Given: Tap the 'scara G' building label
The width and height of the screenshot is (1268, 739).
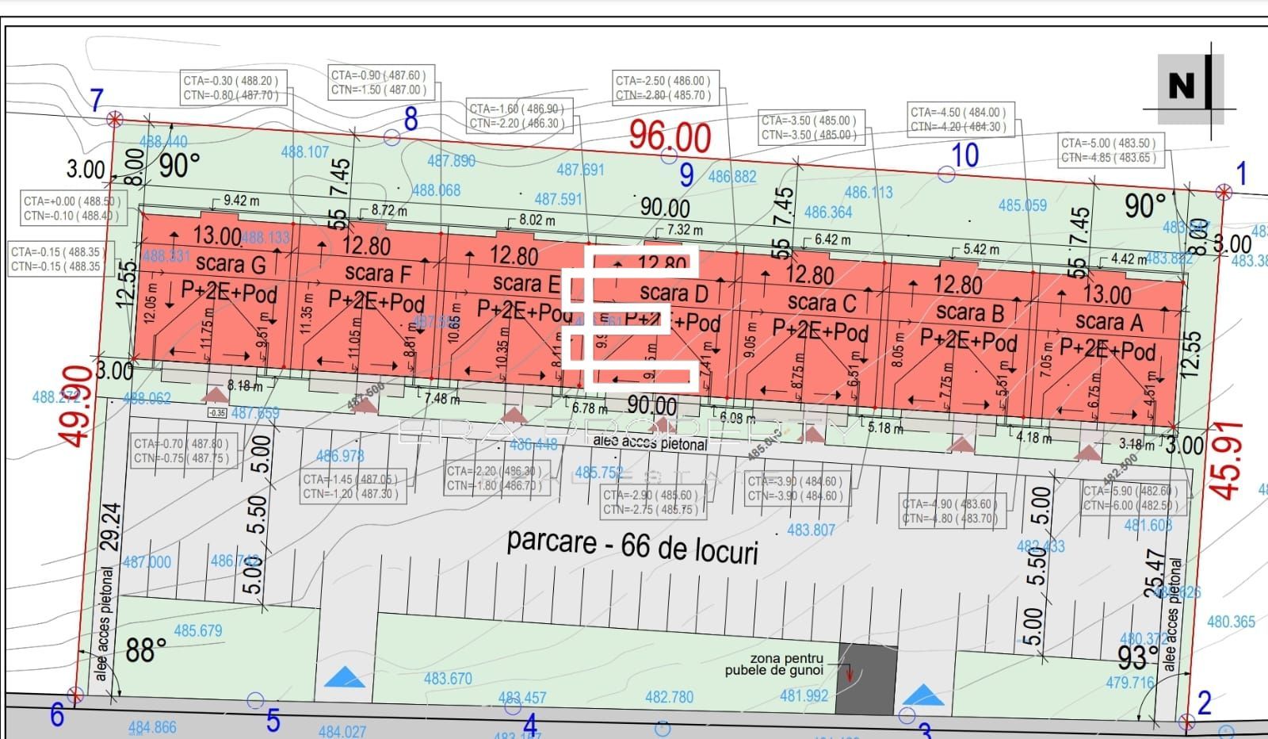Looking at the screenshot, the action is click(x=230, y=263).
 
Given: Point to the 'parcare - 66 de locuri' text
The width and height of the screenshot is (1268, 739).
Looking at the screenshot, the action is click(x=632, y=546).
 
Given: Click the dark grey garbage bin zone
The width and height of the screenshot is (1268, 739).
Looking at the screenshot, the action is click(x=867, y=678).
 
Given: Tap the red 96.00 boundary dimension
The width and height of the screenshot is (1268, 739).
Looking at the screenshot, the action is click(x=670, y=136).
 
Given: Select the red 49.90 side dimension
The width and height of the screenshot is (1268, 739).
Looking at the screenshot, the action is click(x=74, y=406).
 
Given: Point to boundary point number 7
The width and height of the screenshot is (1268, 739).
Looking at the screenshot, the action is click(x=97, y=100).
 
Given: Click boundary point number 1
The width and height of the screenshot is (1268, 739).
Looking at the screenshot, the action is click(x=1241, y=173).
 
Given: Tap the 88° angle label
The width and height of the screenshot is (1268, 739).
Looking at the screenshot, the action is click(x=146, y=651).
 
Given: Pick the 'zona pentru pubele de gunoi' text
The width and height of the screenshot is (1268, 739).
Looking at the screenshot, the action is click(x=775, y=664).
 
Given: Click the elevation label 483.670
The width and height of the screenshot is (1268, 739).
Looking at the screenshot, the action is click(x=448, y=678).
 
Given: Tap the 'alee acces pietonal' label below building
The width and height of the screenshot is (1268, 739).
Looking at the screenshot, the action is click(x=650, y=444).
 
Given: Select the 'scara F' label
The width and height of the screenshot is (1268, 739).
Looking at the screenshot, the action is click(x=378, y=274).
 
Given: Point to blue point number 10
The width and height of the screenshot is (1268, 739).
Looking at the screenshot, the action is click(x=964, y=155).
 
